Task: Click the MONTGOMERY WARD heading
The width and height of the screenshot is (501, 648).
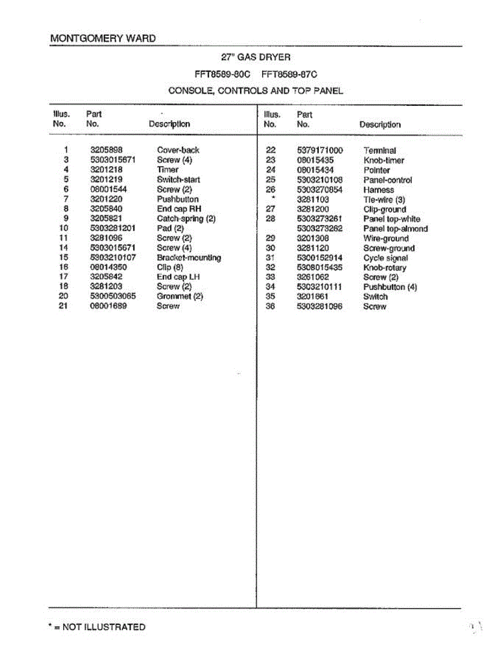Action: coord(103,38)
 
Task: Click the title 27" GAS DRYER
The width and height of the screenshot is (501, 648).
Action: coord(256,57)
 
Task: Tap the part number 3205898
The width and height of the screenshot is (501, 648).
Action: coord(106,150)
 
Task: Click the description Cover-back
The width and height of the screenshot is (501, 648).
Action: coord(178,150)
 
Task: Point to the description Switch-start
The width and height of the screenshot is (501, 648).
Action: coord(178,179)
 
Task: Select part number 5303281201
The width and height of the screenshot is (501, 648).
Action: coord(112,228)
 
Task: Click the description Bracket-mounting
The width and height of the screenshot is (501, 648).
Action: coord(189,258)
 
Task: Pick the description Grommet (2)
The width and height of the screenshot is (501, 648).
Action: coord(179,296)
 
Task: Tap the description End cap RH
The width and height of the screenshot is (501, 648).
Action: coord(179,208)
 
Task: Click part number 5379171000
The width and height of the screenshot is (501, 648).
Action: coord(320,151)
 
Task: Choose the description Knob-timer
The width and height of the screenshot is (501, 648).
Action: coord(384,160)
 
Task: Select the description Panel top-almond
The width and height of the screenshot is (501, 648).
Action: coord(395,228)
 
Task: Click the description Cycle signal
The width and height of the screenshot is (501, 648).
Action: coord(385,258)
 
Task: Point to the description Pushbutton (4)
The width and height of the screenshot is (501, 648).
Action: coord(390,287)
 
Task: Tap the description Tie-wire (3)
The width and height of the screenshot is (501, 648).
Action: coord(384,199)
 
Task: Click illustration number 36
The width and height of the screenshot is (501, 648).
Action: coord(271,307)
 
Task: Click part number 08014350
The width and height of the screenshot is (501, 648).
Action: coord(108,267)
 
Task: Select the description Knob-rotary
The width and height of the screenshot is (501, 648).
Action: coord(385,268)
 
